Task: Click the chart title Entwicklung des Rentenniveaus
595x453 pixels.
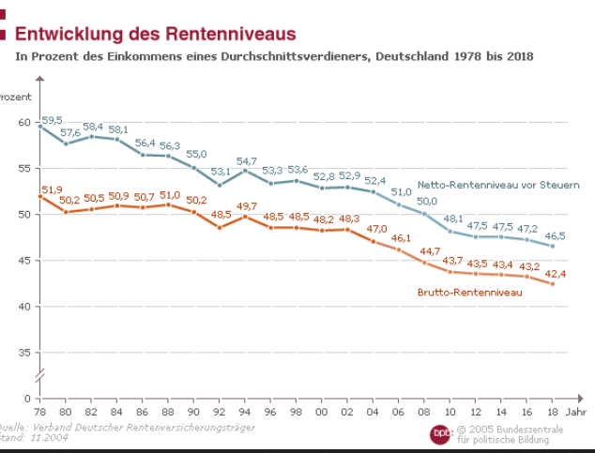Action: pos(155,34)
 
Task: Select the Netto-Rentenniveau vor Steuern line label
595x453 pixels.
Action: pos(497,184)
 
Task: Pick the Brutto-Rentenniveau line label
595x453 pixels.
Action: pos(469,293)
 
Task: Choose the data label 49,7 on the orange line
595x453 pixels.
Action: pos(247,206)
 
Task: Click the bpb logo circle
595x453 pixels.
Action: pos(442,433)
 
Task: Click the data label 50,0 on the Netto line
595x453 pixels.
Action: pos(427,202)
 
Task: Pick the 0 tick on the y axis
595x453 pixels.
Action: pos(28,399)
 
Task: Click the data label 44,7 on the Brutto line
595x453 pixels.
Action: pos(428,250)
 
